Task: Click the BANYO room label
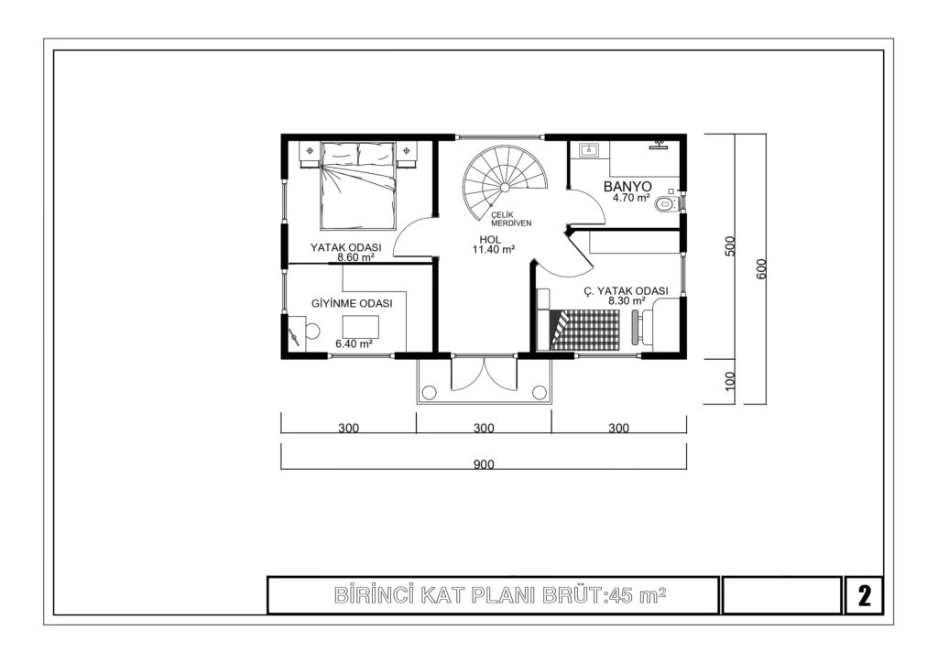tap(627, 186)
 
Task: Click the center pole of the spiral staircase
tap(505, 187)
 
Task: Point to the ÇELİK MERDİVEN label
tap(511, 219)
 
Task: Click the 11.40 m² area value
tap(494, 250)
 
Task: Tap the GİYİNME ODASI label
tap(352, 304)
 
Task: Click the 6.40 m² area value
tap(354, 343)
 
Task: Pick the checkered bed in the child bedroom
tap(584, 330)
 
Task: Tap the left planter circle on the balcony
tap(429, 392)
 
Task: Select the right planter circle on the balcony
tap(539, 392)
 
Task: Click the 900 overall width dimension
tap(484, 464)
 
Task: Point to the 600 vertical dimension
tap(761, 268)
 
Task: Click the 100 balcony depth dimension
tap(729, 381)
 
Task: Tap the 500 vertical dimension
tap(729, 246)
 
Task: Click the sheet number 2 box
tap(864, 595)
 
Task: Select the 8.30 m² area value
tap(627, 300)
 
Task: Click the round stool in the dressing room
tap(312, 330)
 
